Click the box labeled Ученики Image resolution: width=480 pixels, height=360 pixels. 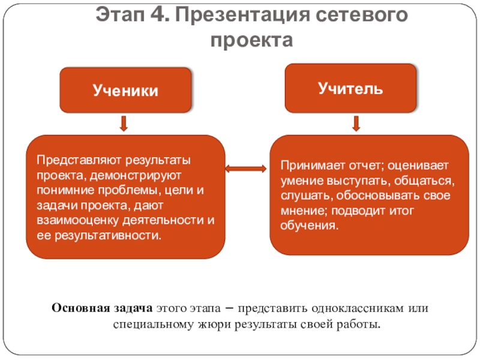[x=125, y=90]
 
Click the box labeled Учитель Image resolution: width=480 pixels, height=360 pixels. [x=350, y=88]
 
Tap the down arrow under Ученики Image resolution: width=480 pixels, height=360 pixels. [x=124, y=124]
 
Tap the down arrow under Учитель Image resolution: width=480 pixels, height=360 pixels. [x=355, y=124]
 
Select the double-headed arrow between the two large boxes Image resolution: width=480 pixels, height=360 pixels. [x=247, y=169]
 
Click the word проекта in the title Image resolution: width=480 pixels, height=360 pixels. [x=252, y=40]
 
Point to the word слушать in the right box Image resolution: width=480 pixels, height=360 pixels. [x=302, y=196]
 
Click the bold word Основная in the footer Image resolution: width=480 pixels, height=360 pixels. [x=77, y=308]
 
